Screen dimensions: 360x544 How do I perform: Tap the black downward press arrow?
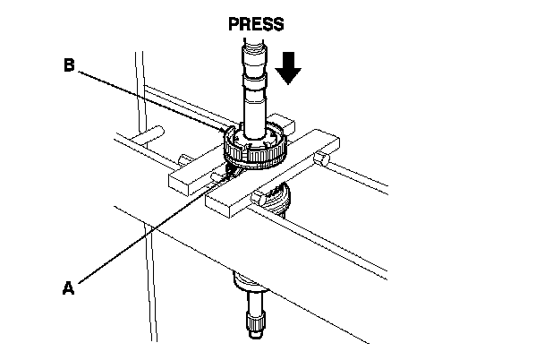289,68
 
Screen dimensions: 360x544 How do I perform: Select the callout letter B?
68,64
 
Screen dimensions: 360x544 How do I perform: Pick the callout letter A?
67,287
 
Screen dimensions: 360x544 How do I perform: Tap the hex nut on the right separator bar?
323,159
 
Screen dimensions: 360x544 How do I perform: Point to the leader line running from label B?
152,99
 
